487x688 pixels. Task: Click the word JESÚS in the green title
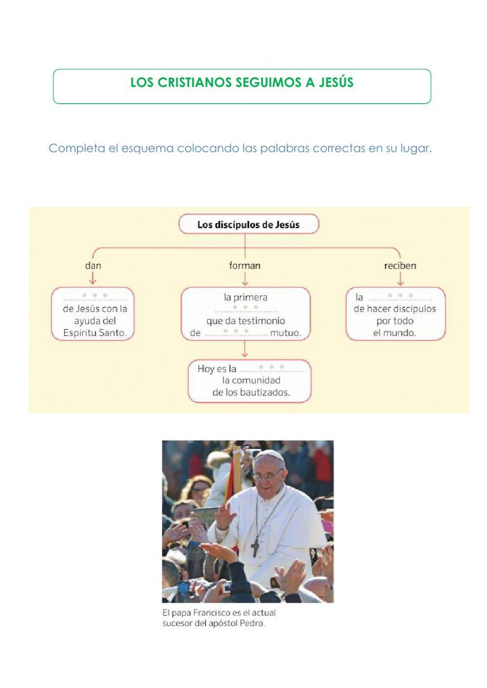pos(336,83)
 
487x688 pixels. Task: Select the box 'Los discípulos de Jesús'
pos(248,224)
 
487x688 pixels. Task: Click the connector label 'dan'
pos(93,265)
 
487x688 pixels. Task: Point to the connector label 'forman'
pos(245,265)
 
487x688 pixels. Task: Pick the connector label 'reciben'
pos(400,265)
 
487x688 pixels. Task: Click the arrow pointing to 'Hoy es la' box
pos(245,354)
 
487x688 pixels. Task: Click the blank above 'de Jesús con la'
pos(94,297)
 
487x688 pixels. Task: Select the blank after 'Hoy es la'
pos(272,369)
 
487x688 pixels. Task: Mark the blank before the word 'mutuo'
pos(236,333)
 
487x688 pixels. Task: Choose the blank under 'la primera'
pos(245,309)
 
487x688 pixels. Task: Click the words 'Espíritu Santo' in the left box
pos(94,333)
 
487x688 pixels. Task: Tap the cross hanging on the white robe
pos(255,548)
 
